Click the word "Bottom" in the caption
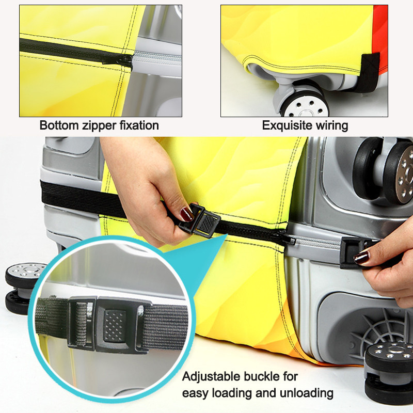click(59, 125)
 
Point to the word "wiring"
click(332, 126)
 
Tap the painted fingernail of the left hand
click(186, 214)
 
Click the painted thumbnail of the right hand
click(361, 258)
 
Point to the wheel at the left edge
click(23, 287)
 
